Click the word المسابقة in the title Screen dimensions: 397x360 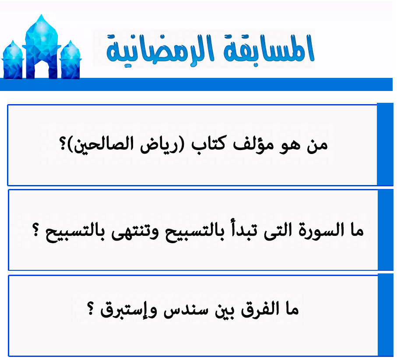click(x=269, y=49)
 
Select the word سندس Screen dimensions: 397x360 click(x=186, y=310)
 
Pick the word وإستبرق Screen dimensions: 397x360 click(x=129, y=310)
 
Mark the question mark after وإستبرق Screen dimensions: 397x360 click(x=91, y=308)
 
